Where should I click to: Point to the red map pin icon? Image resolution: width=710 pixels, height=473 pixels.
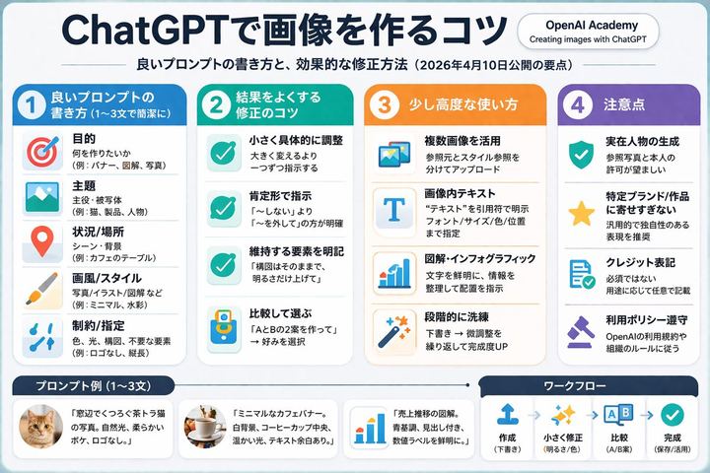pyautogui.click(x=41, y=239)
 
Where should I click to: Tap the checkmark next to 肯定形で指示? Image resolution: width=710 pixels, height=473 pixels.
pyautogui.click(x=220, y=210)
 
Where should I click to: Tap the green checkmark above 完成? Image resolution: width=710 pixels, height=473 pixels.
pyautogui.click(x=673, y=415)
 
